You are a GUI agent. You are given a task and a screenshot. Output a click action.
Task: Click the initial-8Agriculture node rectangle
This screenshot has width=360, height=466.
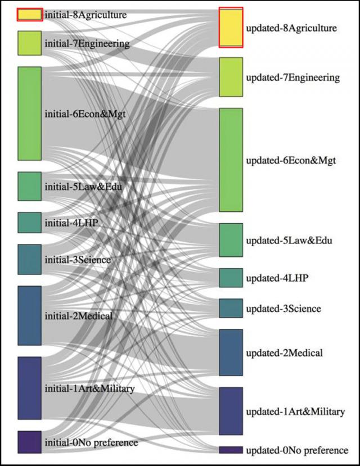pos(29,15)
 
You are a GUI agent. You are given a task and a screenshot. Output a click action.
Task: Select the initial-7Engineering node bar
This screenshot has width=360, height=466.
pos(29,43)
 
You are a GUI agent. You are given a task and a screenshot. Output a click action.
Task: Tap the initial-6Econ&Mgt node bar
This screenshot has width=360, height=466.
pos(29,113)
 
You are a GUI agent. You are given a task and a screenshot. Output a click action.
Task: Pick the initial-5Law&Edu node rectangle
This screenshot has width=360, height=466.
pos(29,186)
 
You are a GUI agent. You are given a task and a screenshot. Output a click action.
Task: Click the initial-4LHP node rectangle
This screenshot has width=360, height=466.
pos(29,222)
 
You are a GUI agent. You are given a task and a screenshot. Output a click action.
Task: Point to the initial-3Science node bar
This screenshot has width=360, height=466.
pos(29,259)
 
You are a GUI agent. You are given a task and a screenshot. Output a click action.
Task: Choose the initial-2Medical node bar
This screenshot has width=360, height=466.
pos(29,315)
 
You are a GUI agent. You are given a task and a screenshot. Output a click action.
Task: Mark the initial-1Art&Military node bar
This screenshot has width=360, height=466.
pos(29,387)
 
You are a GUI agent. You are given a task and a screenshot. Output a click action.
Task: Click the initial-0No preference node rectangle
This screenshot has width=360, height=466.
pos(29,442)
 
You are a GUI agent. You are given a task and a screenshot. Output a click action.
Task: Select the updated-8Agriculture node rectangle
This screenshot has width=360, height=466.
pos(231,28)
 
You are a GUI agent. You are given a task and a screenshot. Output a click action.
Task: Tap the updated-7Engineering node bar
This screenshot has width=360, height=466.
pos(231,77)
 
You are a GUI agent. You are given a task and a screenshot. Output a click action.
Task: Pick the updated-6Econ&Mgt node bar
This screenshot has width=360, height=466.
pos(231,160)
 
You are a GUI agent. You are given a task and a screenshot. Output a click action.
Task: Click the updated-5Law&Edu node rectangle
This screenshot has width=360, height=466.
pos(231,240)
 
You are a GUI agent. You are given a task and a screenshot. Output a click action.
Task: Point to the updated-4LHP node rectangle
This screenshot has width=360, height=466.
pos(231,278)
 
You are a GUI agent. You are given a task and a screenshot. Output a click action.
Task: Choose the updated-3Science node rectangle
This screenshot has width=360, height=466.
pos(231,308)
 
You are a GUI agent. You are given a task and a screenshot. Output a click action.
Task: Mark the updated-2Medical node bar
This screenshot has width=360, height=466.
pos(231,352)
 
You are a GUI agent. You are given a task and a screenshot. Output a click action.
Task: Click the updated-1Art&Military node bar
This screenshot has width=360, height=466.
pos(231,411)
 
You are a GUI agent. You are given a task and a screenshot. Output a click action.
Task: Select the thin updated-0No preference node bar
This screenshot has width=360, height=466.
pos(231,450)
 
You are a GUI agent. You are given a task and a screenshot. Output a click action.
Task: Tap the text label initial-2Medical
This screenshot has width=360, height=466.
pos(78,316)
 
